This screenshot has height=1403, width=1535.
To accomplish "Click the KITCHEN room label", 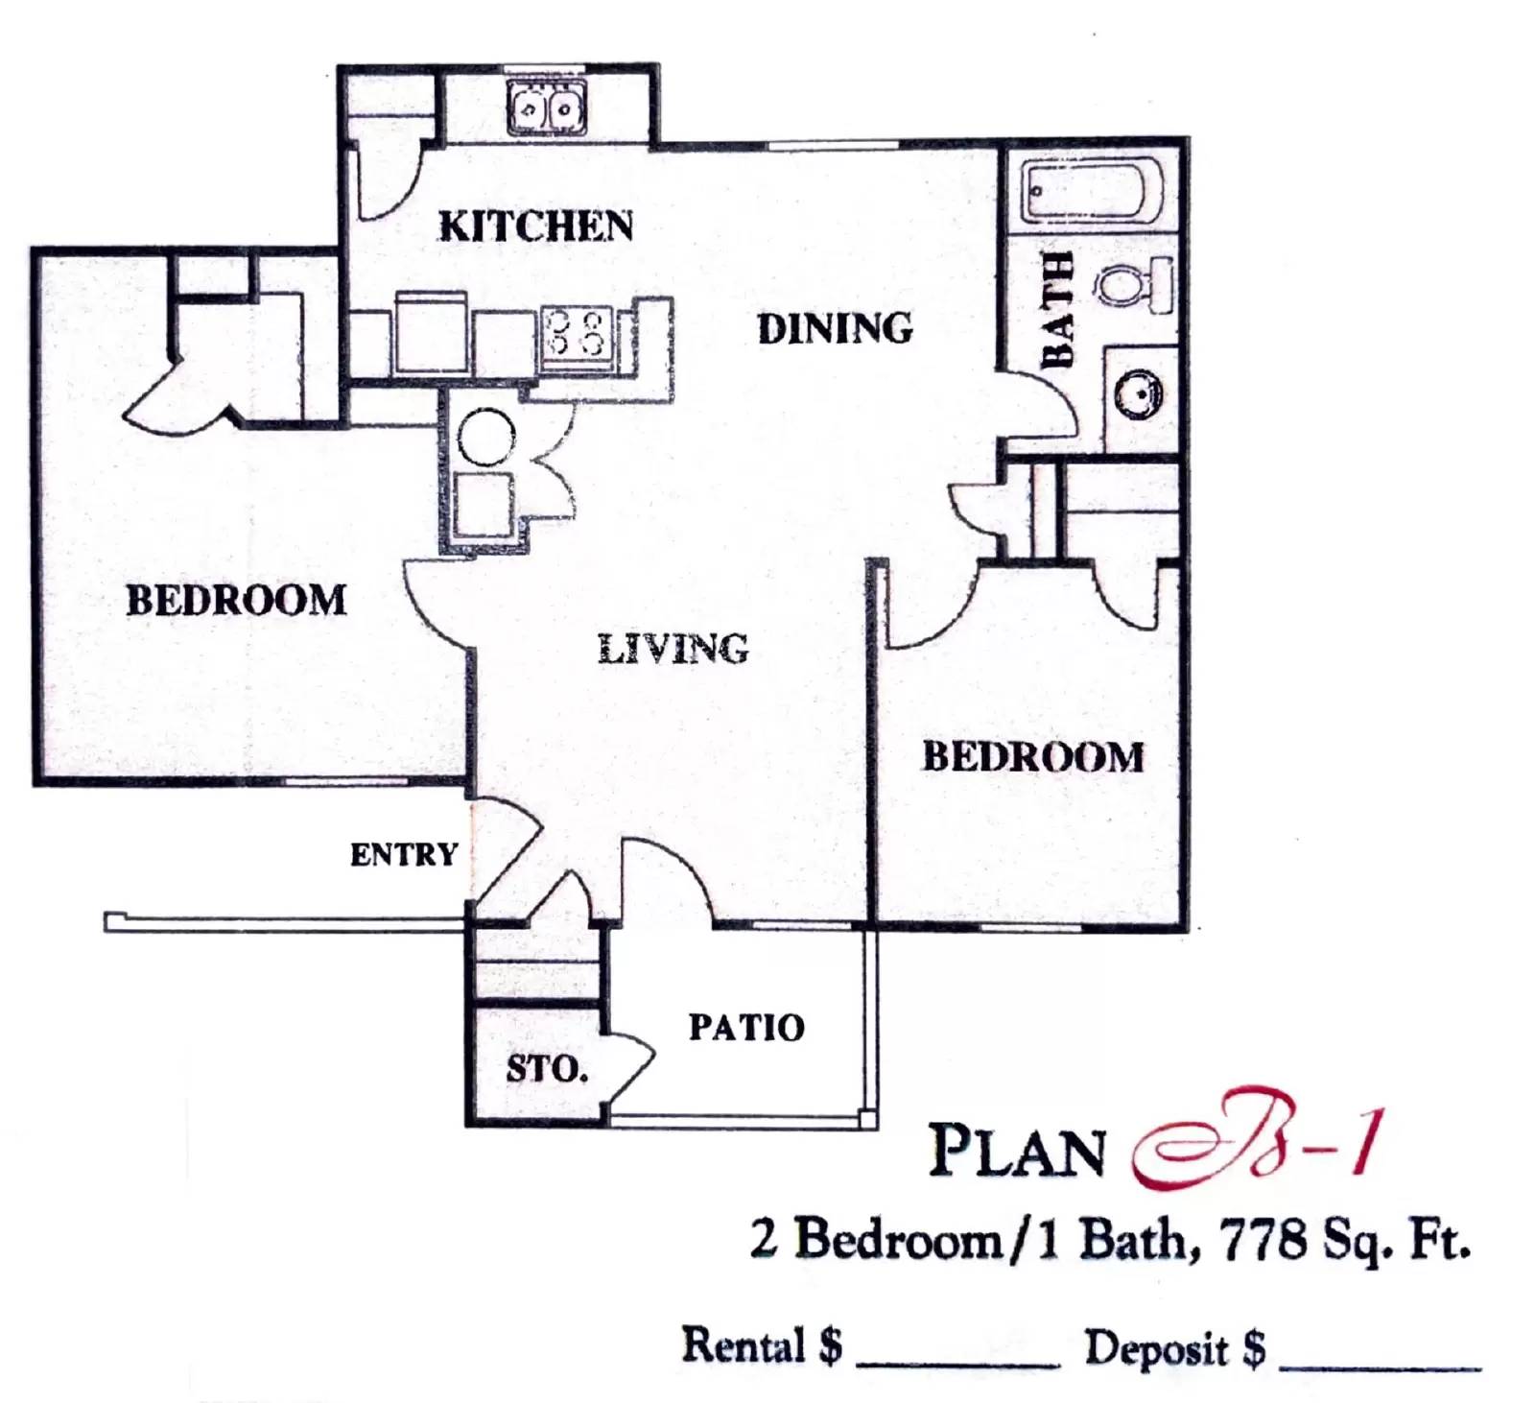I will tap(535, 226).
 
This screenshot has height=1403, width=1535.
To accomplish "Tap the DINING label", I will tap(835, 329).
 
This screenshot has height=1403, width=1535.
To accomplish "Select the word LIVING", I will tap(673, 650).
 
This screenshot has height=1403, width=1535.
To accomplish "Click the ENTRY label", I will tap(404, 855).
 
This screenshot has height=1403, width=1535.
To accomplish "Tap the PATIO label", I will tap(746, 1028).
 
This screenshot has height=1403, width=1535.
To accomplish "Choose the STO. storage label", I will tap(547, 1068).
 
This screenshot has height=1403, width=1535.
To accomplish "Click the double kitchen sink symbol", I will tap(547, 107).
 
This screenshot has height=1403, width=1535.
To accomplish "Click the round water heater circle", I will tap(486, 439).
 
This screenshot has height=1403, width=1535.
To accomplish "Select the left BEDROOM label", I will tap(236, 601).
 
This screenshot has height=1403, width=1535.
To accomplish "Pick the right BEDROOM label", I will tap(1033, 757).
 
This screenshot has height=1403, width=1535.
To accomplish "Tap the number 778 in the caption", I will tap(1263, 1240).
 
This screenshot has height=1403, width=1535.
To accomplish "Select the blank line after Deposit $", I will tap(1380, 1362).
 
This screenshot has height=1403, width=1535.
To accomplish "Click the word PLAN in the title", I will tap(1017, 1151).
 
